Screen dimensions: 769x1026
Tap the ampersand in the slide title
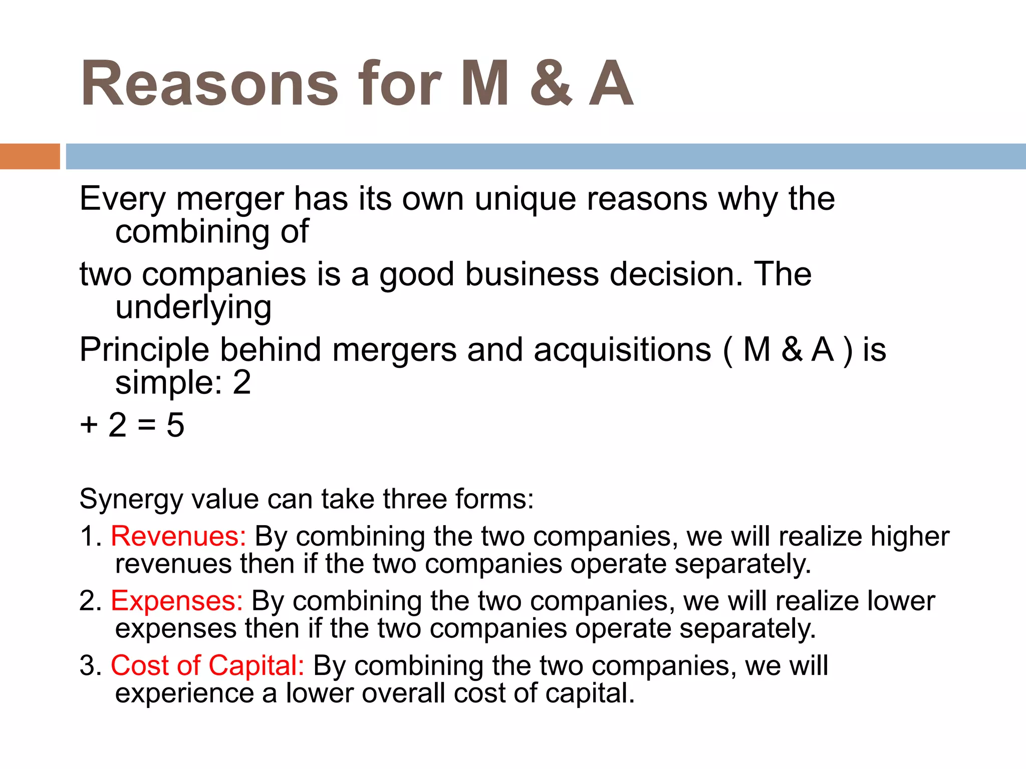point(550,84)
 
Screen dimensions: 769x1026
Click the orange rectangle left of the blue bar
point(30,156)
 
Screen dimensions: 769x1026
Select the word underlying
point(193,307)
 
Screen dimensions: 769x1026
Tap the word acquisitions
point(622,349)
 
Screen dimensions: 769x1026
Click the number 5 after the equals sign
point(175,425)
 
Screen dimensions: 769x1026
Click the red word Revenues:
point(178,536)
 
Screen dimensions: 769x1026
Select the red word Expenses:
point(176,601)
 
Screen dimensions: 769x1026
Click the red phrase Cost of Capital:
point(207,665)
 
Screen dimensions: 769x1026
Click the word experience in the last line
point(184,694)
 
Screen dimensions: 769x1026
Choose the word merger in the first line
point(230,199)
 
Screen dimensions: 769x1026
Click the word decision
point(676,274)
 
